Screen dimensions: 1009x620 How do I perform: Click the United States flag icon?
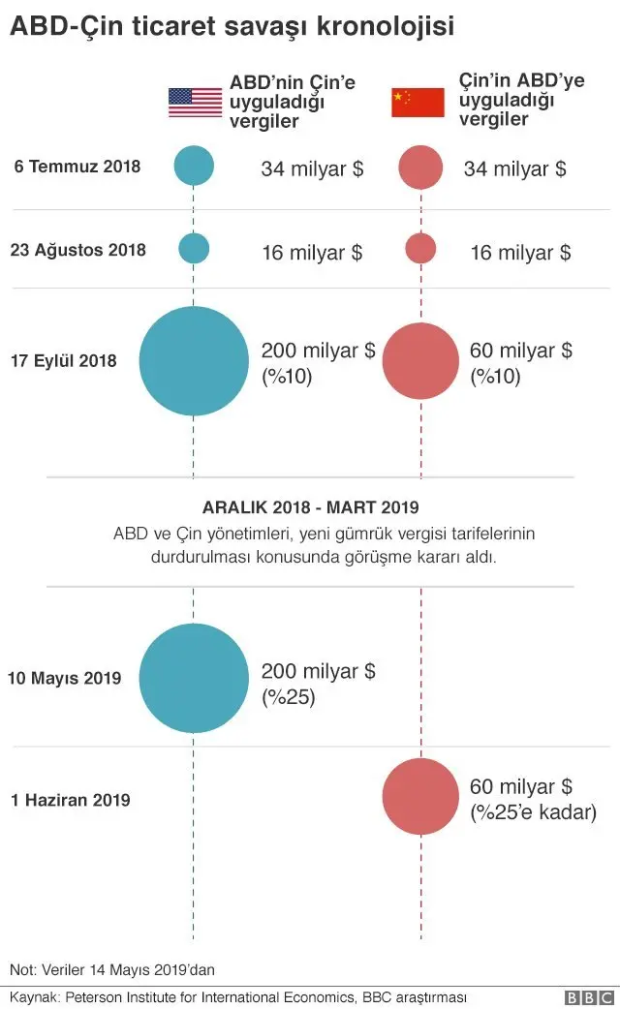195,102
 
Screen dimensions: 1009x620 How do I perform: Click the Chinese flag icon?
418,102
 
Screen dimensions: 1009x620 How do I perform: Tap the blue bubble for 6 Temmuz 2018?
194,166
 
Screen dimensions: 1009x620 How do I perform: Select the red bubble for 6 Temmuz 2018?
420,168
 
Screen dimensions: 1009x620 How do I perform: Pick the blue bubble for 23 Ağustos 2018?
194,249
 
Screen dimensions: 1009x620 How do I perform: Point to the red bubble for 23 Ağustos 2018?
420,249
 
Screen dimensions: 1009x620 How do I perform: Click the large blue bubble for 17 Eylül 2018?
194,361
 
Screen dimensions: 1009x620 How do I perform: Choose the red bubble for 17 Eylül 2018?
420,361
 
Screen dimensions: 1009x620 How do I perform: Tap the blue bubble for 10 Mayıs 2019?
194,678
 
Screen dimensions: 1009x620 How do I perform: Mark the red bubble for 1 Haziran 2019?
420,797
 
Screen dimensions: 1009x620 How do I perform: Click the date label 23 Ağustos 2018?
78,250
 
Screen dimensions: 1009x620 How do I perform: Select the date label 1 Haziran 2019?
71,801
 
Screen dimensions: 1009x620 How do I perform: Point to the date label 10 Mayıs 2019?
64,678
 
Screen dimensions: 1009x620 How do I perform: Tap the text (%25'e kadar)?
533,812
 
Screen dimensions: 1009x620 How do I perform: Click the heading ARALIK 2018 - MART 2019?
310,506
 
